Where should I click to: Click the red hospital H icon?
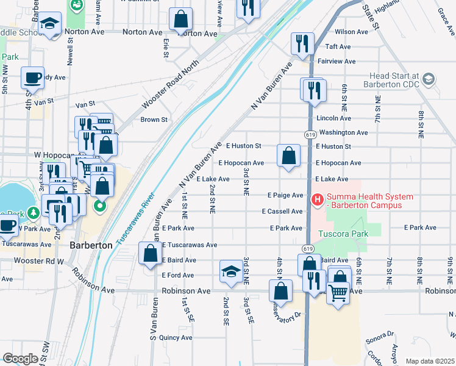318,199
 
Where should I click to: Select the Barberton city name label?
91,245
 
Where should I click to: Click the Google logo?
20,359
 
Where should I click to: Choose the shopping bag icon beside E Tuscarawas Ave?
150,254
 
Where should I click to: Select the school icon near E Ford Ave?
231,272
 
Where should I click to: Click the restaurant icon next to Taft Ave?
302,43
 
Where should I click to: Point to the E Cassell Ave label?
282,212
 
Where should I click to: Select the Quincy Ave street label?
176,337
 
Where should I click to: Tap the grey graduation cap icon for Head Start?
429,79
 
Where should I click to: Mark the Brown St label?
154,120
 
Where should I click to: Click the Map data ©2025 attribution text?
430,361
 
